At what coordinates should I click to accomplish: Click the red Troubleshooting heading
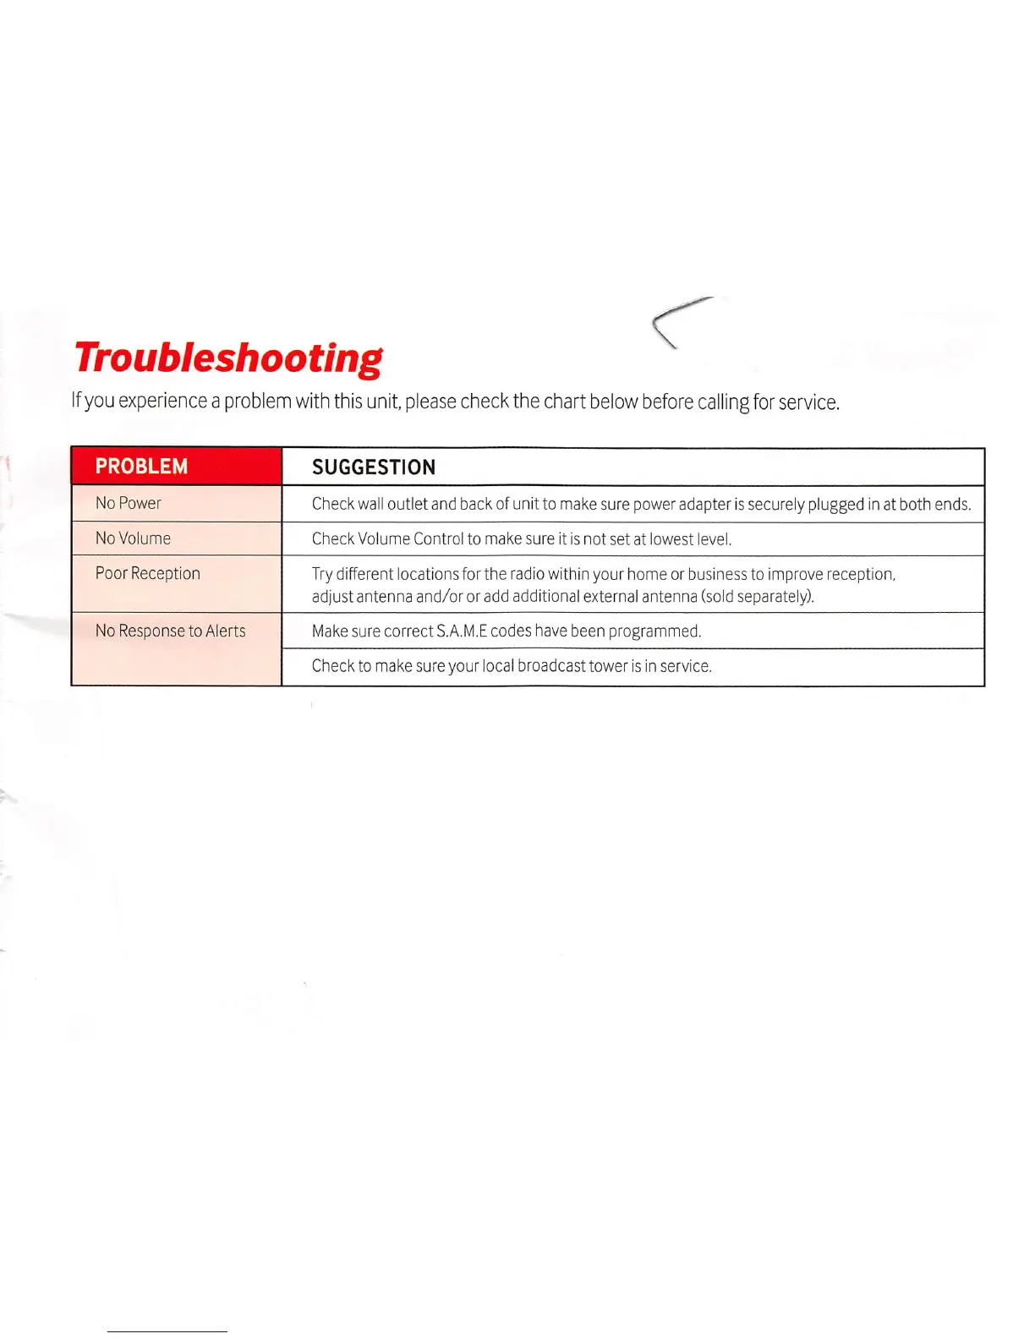227,358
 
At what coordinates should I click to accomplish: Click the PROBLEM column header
141,467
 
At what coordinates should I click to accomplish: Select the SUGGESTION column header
374,467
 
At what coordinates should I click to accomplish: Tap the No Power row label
129,503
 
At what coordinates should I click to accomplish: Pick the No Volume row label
133,538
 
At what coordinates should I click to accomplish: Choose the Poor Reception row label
148,573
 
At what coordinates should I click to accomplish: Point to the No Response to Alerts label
170,631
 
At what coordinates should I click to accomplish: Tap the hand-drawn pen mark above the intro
676,321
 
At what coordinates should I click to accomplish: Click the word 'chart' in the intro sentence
565,401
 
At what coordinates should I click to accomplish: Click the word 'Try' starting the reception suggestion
322,575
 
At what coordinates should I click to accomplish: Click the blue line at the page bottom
167,1331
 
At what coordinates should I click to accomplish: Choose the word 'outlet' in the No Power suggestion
408,504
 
